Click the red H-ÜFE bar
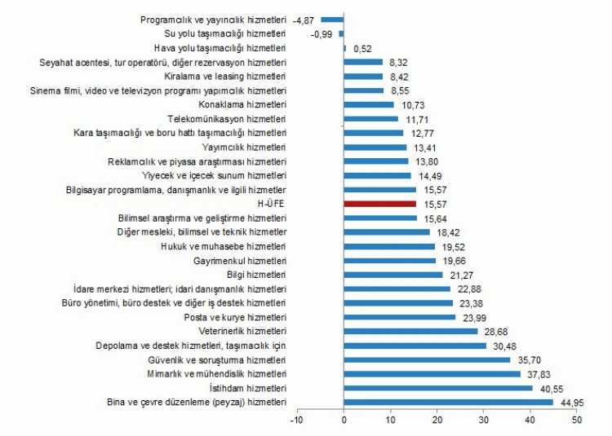379,204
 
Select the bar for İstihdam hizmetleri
437,388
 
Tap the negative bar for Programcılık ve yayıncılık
332,19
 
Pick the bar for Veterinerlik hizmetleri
410,331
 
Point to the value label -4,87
304,19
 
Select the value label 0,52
360,48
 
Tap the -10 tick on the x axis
297,420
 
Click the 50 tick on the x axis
577,420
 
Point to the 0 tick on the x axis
344,420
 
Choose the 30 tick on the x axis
484,420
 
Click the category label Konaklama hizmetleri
242,104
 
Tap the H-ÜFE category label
269,204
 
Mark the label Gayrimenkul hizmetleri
240,261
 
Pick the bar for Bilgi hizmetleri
393,275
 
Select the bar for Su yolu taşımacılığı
341,33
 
